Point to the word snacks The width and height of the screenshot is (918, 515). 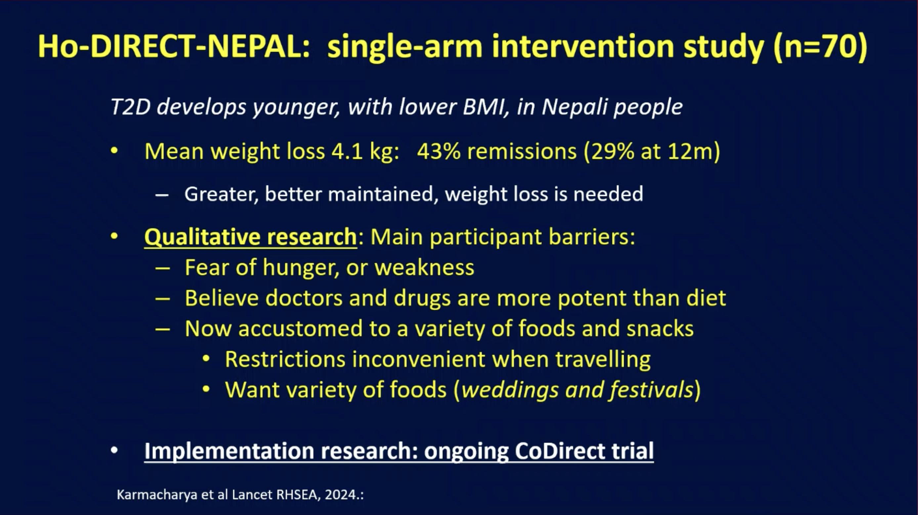tap(660, 328)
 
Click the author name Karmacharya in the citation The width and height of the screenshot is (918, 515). tap(157, 495)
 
